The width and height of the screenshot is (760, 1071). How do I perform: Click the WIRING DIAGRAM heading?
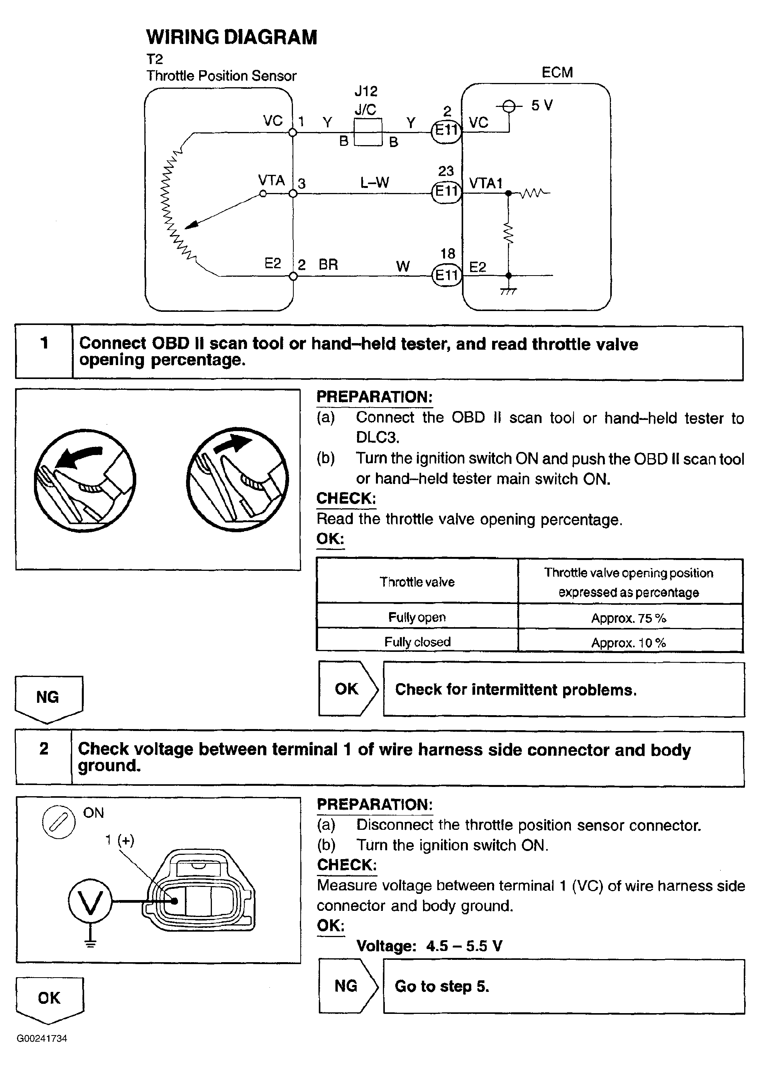pyautogui.click(x=231, y=37)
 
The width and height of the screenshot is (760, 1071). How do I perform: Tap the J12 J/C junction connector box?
pyautogui.click(x=368, y=132)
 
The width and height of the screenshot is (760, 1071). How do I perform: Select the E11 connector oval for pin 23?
pyautogui.click(x=446, y=191)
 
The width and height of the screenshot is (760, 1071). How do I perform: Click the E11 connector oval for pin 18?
pyautogui.click(x=446, y=275)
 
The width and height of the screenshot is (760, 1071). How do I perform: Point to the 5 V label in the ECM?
pyautogui.click(x=542, y=106)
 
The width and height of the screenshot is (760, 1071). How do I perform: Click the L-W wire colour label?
pyautogui.click(x=374, y=183)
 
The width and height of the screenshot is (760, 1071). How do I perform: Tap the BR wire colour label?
pyautogui.click(x=328, y=265)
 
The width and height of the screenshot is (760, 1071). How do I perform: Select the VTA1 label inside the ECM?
pyautogui.click(x=485, y=183)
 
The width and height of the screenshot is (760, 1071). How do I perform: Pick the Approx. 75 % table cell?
pyautogui.click(x=628, y=618)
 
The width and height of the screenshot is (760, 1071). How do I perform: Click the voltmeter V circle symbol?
pyautogui.click(x=90, y=901)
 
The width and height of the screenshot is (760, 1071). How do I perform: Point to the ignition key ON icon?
pyautogui.click(x=59, y=822)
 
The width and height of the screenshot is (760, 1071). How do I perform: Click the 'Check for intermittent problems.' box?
pyautogui.click(x=564, y=690)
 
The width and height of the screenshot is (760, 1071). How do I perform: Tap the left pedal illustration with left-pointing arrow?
pyautogui.click(x=85, y=481)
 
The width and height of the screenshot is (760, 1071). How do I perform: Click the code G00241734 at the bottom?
pyautogui.click(x=42, y=1039)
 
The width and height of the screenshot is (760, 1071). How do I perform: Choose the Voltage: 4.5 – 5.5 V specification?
pyautogui.click(x=429, y=946)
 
